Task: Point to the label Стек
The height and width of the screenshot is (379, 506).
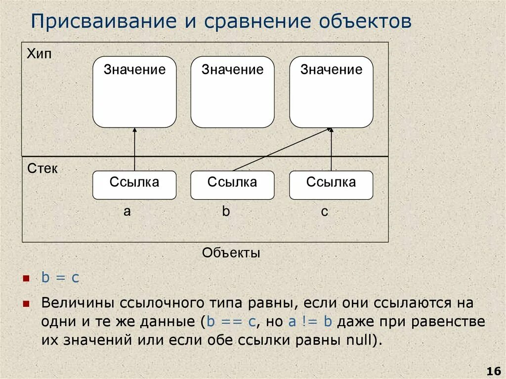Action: [42, 169]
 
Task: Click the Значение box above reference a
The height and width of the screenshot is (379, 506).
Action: [134, 92]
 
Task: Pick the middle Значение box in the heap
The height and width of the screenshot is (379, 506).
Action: [232, 92]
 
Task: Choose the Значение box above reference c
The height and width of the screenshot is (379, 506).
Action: [331, 92]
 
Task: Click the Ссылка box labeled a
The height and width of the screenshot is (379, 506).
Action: [134, 185]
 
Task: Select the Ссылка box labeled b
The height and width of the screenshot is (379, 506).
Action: [232, 185]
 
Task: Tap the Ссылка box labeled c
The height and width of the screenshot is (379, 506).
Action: [331, 185]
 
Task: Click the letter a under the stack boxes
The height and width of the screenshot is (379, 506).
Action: [127, 211]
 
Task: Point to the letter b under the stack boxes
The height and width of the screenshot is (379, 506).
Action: [226, 211]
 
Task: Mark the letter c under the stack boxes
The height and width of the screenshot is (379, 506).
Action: [324, 212]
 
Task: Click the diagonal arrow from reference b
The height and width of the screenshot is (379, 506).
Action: [282, 150]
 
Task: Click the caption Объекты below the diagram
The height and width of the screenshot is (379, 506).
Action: [231, 253]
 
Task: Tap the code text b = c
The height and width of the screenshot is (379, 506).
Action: [60, 278]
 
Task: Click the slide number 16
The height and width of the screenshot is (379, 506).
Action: [494, 371]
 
